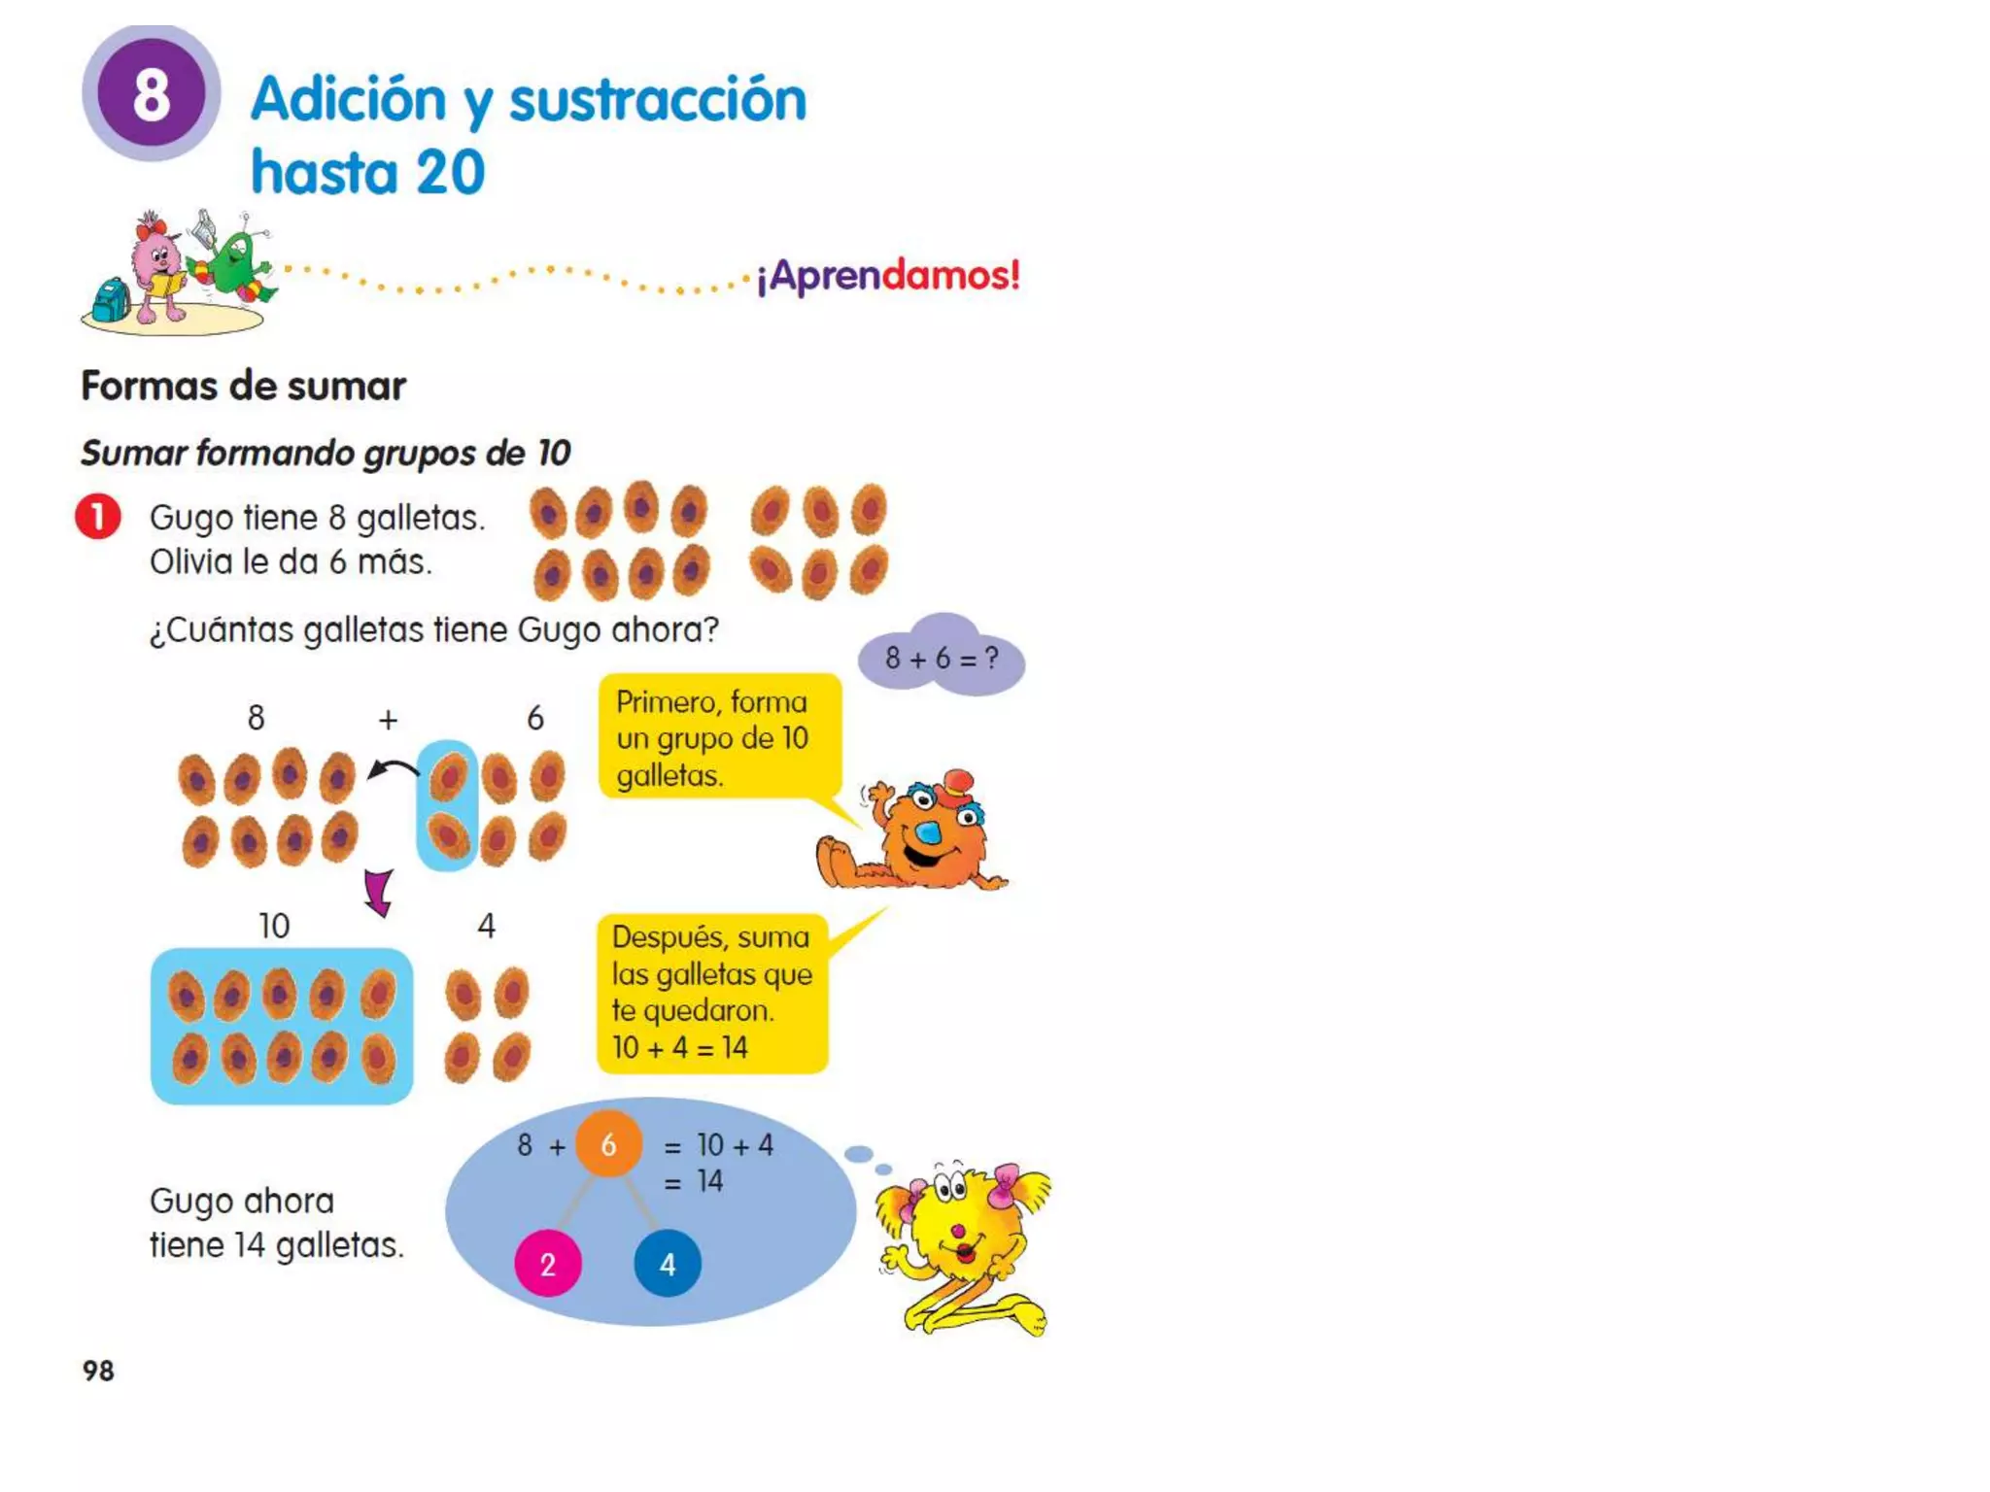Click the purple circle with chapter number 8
[x=152, y=93]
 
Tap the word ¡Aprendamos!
[x=888, y=276]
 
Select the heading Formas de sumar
[x=243, y=387]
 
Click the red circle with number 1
[x=98, y=516]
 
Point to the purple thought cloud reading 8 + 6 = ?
[x=941, y=658]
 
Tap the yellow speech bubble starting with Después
[x=711, y=993]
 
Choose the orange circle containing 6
[x=608, y=1144]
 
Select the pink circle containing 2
[x=548, y=1264]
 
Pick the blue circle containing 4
[x=668, y=1264]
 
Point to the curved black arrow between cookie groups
[x=393, y=770]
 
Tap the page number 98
[x=98, y=1371]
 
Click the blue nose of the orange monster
[x=929, y=832]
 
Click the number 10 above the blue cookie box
[x=274, y=926]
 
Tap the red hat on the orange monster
[x=958, y=782]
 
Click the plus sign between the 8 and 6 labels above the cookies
[x=388, y=720]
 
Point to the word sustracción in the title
[x=658, y=100]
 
